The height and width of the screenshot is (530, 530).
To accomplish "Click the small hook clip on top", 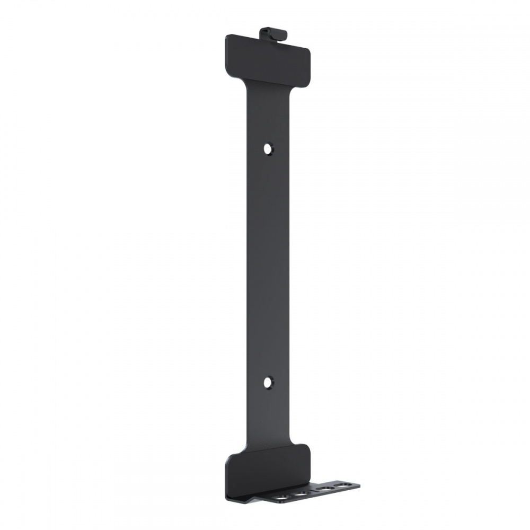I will pos(273,34).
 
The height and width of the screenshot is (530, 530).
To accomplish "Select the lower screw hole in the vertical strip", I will pos(269,381).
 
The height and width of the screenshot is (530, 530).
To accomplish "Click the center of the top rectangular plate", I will pos(268,59).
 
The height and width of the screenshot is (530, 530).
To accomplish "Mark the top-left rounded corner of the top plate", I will pos(228,38).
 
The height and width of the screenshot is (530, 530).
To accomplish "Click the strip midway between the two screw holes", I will pos(269,265).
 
